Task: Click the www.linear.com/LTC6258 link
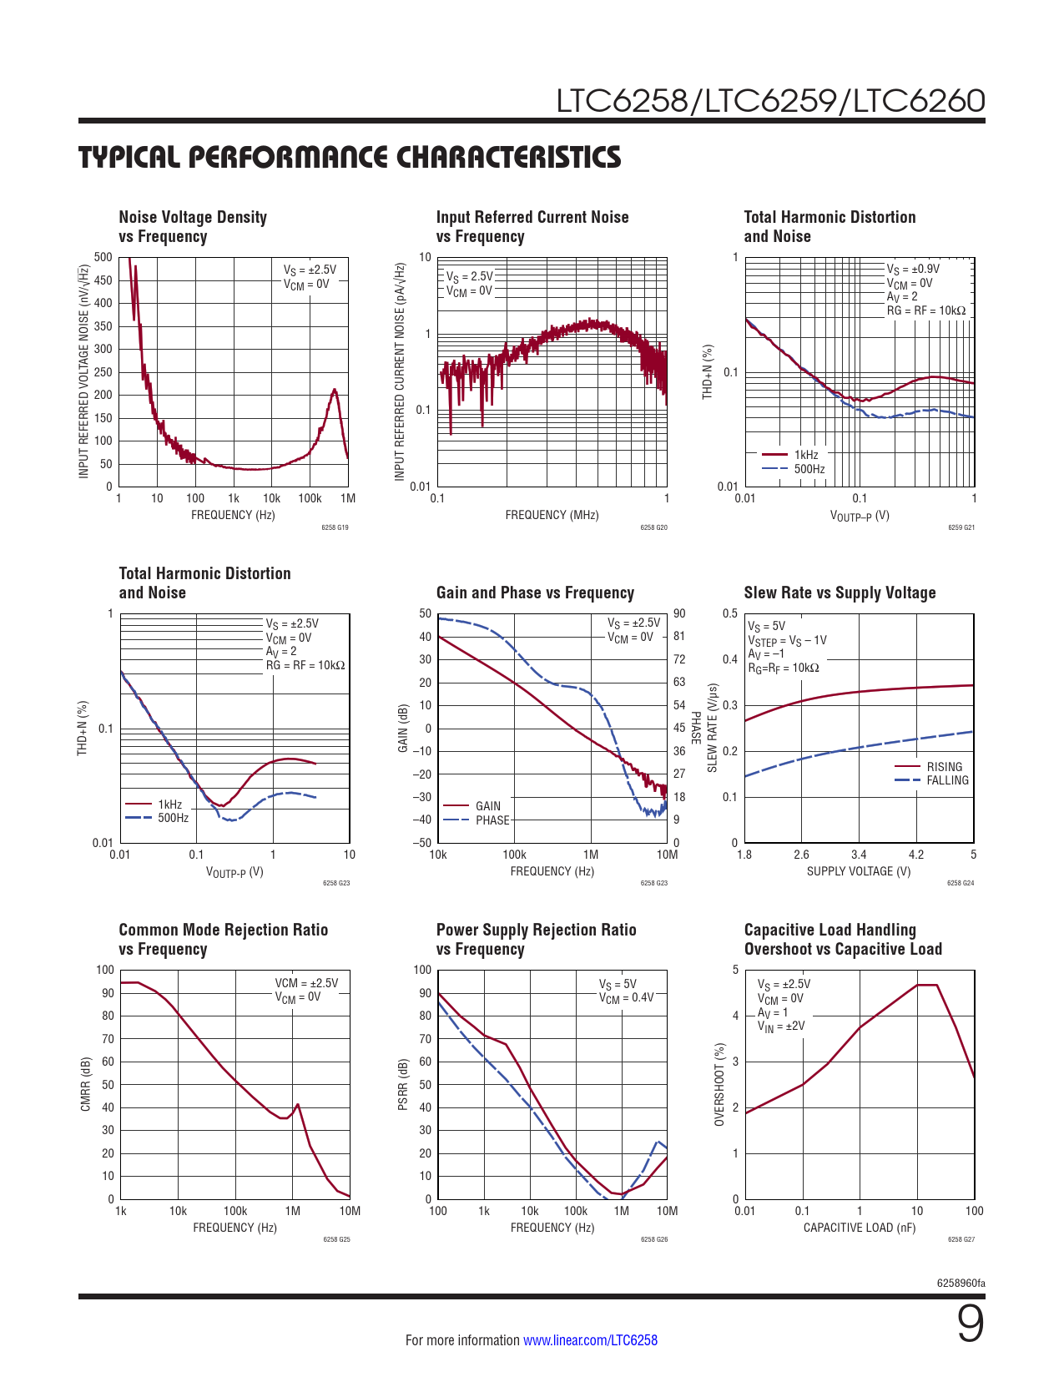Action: pyautogui.click(x=590, y=1340)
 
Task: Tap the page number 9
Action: pyautogui.click(x=970, y=1325)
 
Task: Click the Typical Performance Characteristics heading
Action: pyautogui.click(x=350, y=157)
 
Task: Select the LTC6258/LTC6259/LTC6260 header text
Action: pyautogui.click(x=770, y=101)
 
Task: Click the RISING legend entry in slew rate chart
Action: pyautogui.click(x=944, y=767)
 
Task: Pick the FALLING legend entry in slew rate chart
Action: pyautogui.click(x=947, y=780)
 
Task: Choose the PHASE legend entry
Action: pyautogui.click(x=492, y=820)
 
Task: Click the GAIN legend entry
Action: pyautogui.click(x=488, y=806)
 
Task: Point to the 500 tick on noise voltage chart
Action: pyautogui.click(x=103, y=257)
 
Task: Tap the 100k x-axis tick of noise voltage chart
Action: pyautogui.click(x=310, y=498)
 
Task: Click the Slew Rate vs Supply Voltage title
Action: pyautogui.click(x=840, y=593)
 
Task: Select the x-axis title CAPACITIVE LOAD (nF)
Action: pyautogui.click(x=859, y=1228)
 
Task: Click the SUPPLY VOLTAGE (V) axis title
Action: pyautogui.click(x=859, y=871)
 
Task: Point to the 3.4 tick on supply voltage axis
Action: pyautogui.click(x=859, y=855)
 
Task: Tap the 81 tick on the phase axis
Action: pyautogui.click(x=679, y=637)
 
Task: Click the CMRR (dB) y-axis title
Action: pyautogui.click(x=85, y=1084)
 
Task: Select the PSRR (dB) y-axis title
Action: pyautogui.click(x=402, y=1084)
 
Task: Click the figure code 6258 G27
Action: pyautogui.click(x=961, y=1239)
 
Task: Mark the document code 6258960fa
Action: pyautogui.click(x=962, y=1283)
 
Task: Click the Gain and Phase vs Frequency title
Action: pyautogui.click(x=535, y=593)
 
